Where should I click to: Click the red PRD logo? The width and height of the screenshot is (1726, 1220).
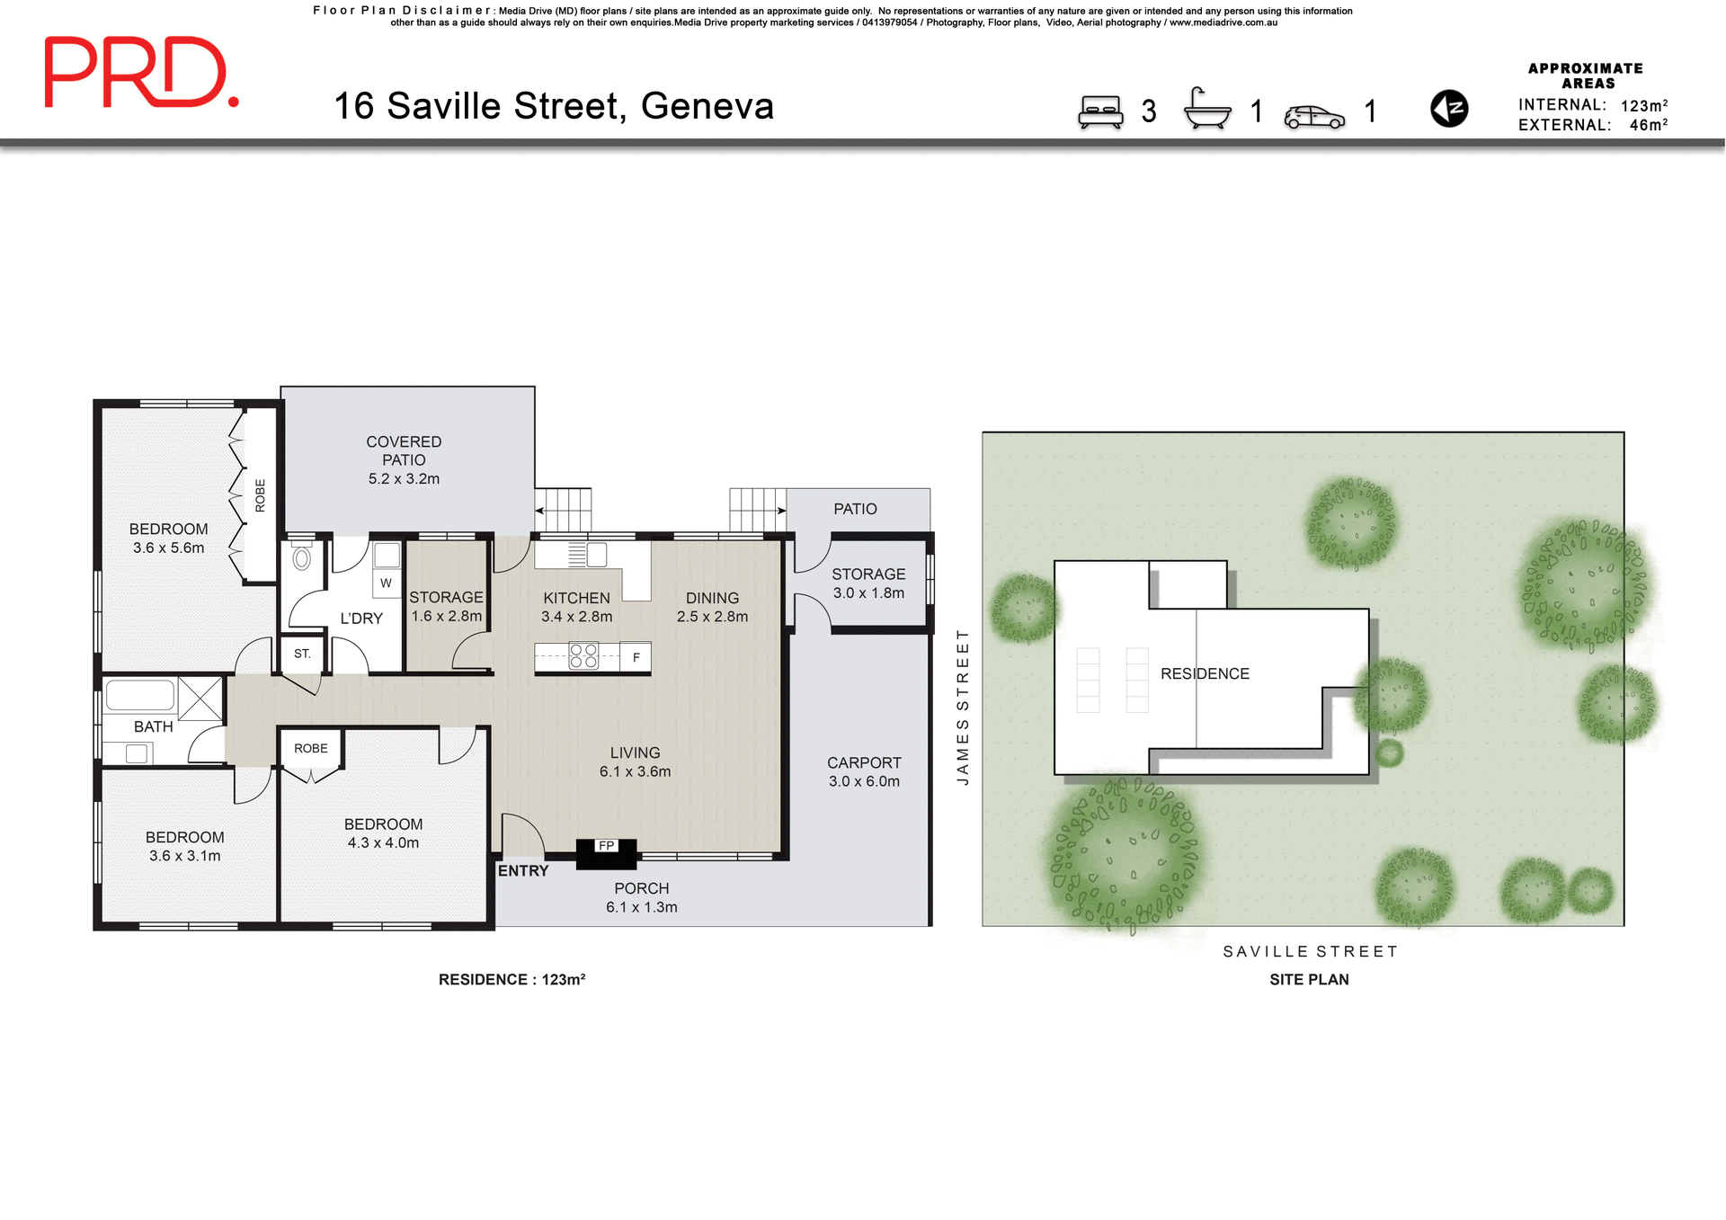pos(141,73)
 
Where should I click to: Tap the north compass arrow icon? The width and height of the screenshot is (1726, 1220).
pos(1448,109)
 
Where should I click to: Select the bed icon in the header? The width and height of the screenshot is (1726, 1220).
pos(1100,111)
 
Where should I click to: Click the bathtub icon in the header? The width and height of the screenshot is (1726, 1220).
pos(1206,109)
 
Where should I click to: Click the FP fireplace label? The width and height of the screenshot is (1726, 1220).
pos(607,846)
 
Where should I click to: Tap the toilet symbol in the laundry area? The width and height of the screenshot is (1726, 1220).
pos(302,558)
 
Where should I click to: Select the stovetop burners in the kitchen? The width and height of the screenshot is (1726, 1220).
pos(583,655)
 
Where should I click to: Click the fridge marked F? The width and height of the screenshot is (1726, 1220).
pos(636,657)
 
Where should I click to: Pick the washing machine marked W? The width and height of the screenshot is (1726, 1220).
pos(387,583)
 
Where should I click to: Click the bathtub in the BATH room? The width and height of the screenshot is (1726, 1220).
pos(140,696)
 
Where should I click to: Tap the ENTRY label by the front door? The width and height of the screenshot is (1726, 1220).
pos(523,871)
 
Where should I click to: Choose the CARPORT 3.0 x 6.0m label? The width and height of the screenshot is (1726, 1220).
pos(864,772)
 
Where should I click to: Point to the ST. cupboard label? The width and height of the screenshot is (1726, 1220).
pos(302,654)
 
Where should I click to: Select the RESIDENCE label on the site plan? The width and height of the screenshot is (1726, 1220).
pos(1205,673)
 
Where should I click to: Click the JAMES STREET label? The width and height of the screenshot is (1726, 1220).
pos(963,707)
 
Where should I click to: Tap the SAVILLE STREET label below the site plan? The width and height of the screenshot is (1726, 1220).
pos(1310,951)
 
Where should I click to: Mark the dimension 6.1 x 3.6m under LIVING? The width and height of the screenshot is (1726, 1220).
pos(635,771)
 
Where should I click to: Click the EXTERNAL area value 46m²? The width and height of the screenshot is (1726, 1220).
pos(1648,125)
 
